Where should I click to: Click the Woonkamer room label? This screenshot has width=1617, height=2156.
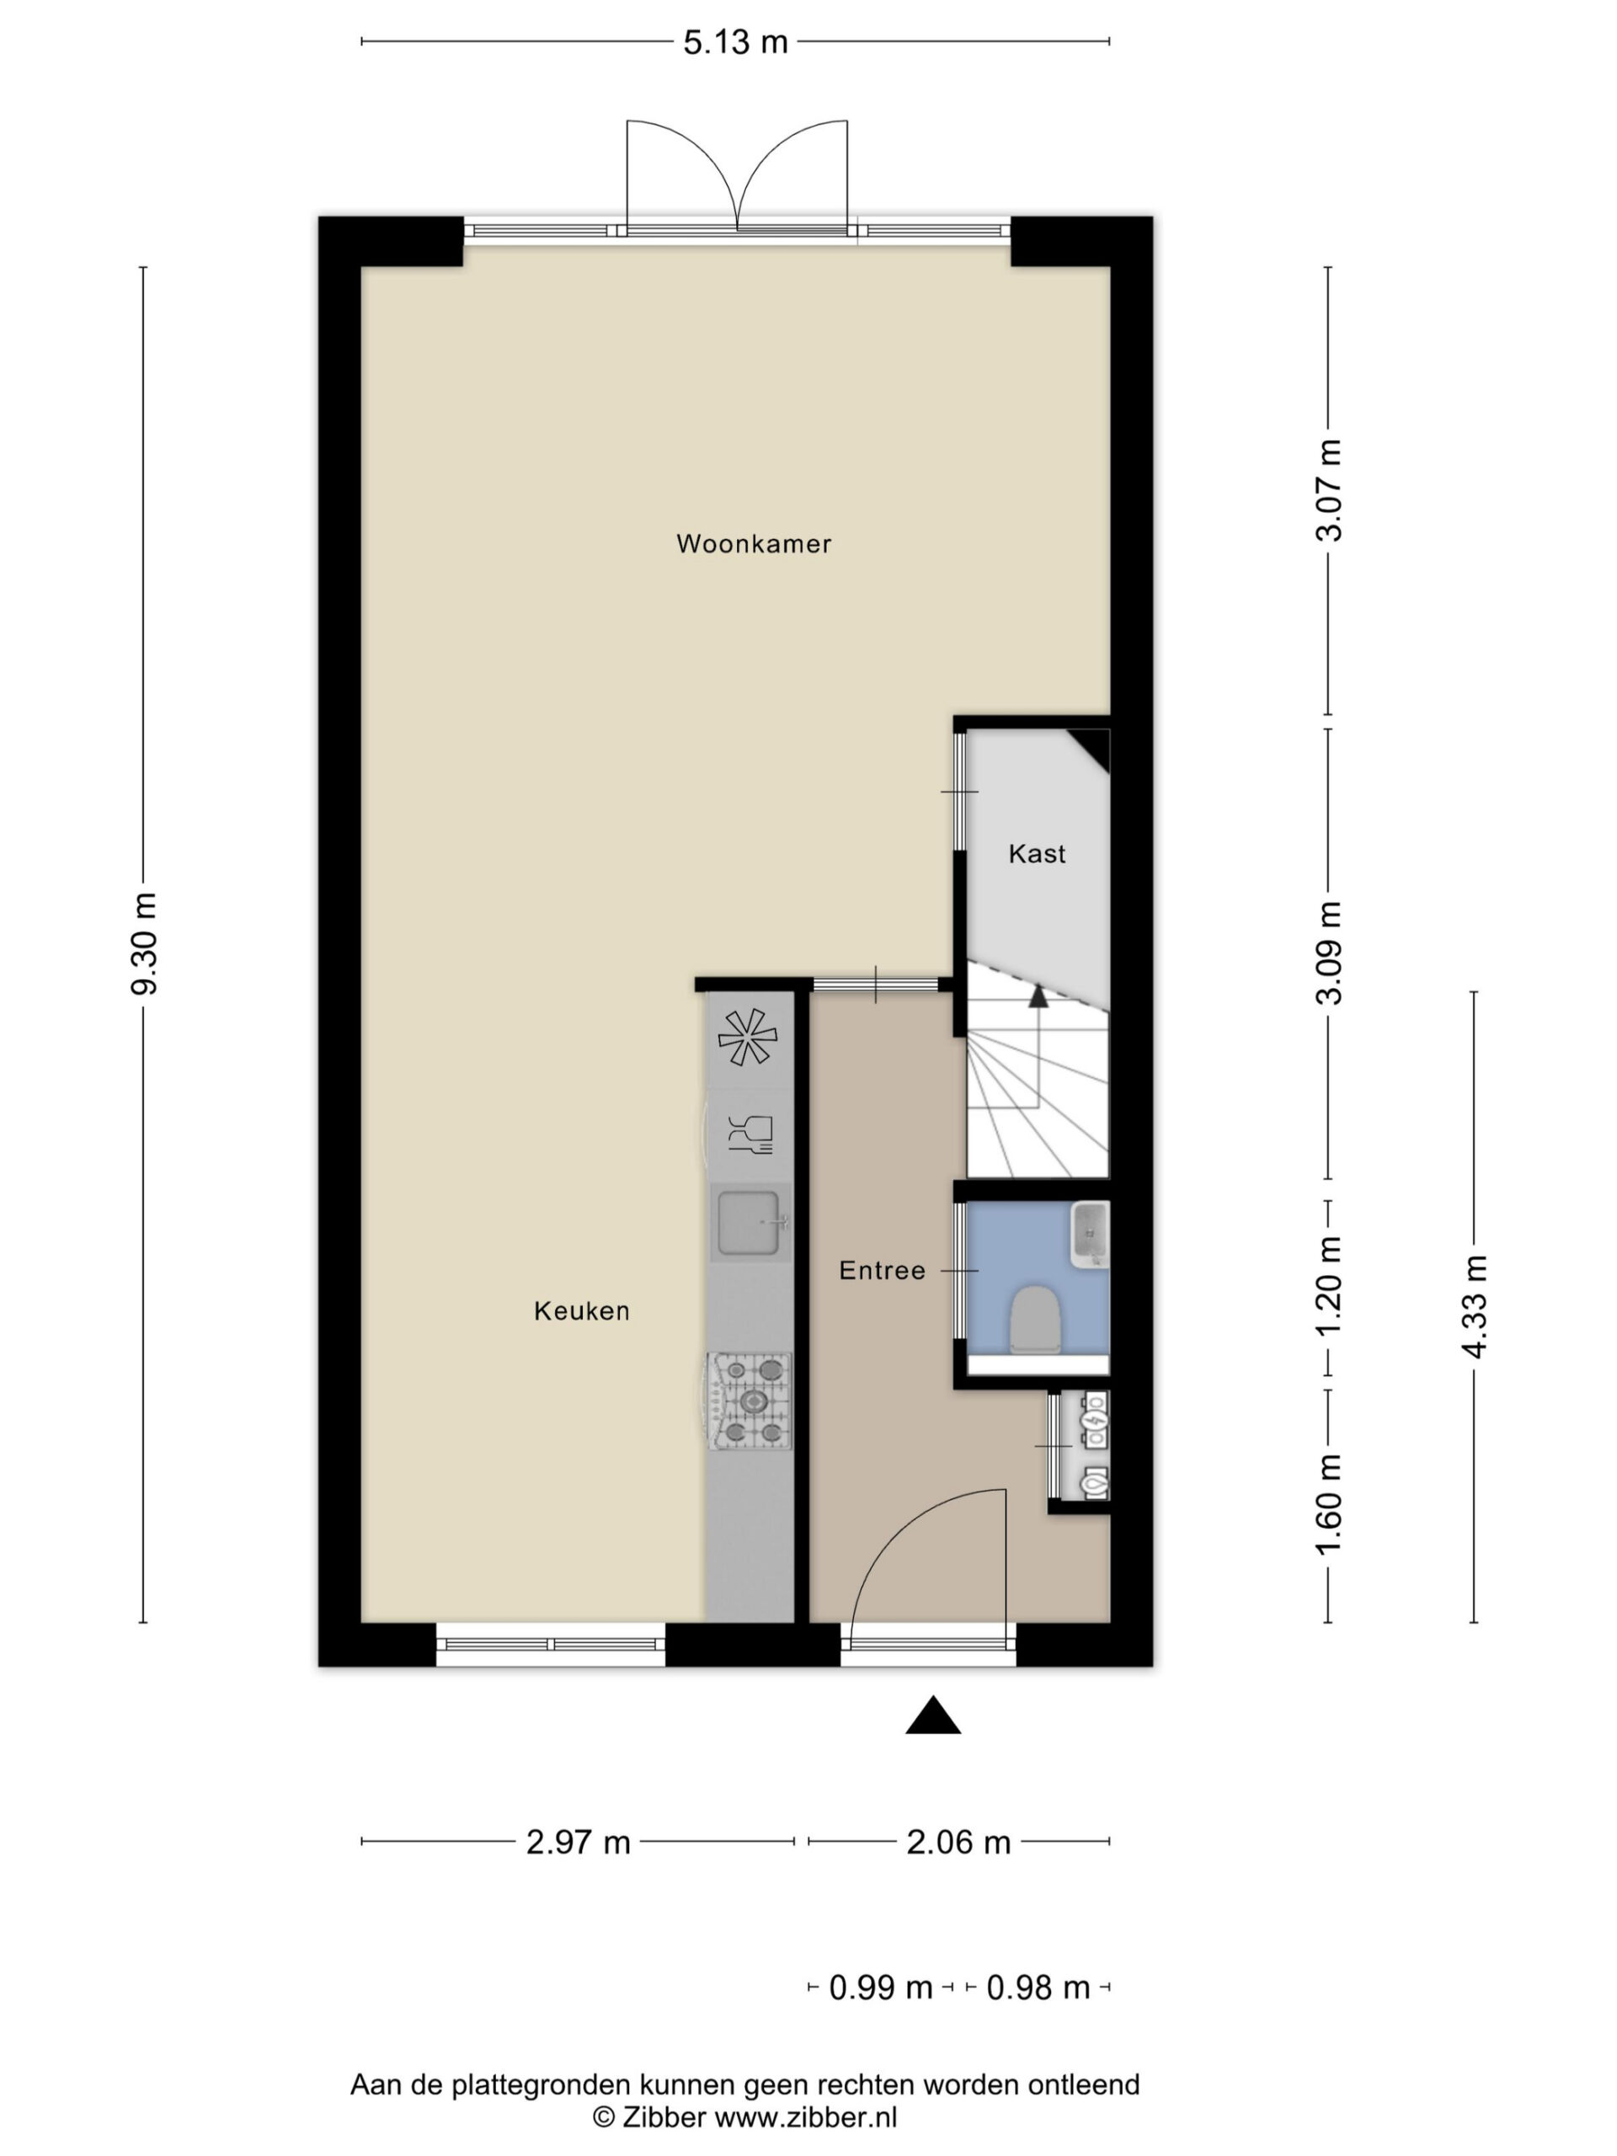click(x=754, y=544)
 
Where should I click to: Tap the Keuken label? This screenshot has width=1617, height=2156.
click(x=582, y=1311)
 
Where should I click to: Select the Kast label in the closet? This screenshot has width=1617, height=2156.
click(x=1037, y=854)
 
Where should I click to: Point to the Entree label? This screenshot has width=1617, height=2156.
click(x=882, y=1270)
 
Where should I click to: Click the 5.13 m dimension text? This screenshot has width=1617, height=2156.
click(x=735, y=42)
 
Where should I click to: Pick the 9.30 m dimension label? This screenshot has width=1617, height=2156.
click(x=144, y=943)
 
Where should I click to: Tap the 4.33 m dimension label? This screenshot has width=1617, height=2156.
click(x=1474, y=1307)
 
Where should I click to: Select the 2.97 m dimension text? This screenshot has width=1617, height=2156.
click(x=578, y=1842)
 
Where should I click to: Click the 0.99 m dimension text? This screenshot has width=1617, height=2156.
click(x=881, y=1988)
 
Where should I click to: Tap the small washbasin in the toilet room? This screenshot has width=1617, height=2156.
click(x=1090, y=1235)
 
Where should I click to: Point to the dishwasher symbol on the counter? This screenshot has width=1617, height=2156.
click(x=750, y=1134)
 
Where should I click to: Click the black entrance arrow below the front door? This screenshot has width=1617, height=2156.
click(x=933, y=1716)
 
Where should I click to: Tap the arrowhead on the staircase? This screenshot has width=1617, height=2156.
click(x=1038, y=996)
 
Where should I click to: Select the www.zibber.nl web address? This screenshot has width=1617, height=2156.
click(x=805, y=2117)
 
